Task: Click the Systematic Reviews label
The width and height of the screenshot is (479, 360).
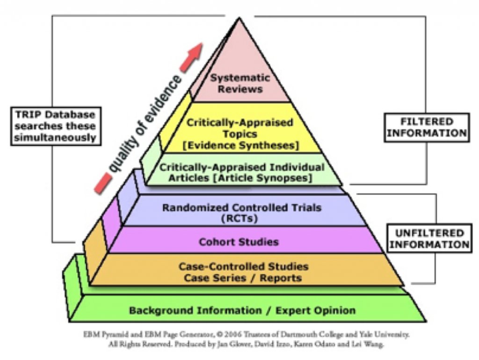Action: coord(240,83)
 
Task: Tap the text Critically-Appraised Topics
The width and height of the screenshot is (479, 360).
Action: coord(240,129)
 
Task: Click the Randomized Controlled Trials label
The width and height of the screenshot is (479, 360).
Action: coord(242,207)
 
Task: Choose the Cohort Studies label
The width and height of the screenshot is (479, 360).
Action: coord(239,242)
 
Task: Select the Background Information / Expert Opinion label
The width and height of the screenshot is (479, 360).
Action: coord(242,310)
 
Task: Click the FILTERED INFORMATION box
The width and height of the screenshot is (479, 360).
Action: coord(426,127)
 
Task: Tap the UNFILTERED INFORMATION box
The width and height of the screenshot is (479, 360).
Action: coord(428,238)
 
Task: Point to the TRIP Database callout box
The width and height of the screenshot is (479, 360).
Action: coord(56,126)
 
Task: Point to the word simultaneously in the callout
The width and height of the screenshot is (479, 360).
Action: coord(56,138)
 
